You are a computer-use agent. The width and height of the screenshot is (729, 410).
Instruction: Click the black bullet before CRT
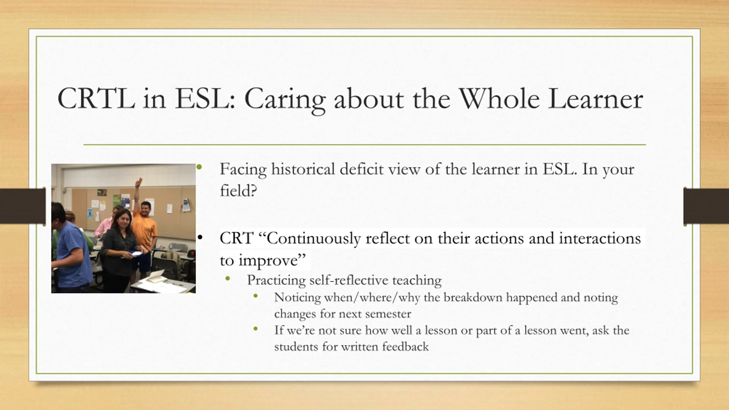(200, 237)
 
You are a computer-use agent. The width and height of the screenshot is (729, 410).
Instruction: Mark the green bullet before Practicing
(227, 280)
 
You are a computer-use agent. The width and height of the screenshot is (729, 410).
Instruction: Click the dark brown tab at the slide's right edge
(706, 206)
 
